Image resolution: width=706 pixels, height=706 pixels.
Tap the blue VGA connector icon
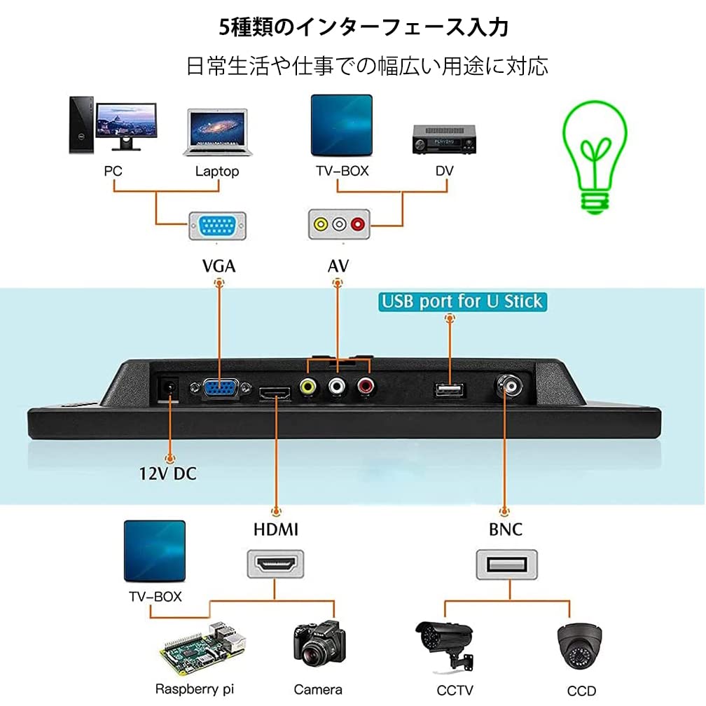click(x=217, y=226)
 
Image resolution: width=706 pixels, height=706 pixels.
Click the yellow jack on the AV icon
click(x=321, y=225)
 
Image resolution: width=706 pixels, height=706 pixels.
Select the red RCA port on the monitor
click(x=364, y=385)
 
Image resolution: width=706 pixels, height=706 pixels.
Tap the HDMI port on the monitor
click(x=275, y=394)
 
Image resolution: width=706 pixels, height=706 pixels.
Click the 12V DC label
click(x=167, y=473)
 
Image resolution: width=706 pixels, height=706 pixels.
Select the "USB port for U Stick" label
click(x=462, y=302)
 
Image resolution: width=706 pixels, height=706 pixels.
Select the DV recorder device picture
click(x=443, y=139)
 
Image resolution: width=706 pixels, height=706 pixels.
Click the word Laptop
click(x=217, y=171)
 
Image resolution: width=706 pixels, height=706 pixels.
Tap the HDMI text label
click(x=275, y=529)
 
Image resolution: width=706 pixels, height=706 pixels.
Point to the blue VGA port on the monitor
click(x=220, y=389)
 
